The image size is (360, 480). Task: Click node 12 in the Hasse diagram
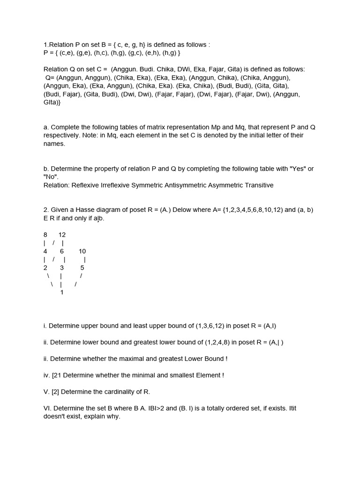pyautogui.click(x=62, y=234)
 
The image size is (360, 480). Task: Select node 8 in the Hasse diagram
pyautogui.click(x=45, y=234)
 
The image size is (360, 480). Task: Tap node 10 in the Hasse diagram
pyautogui.click(x=82, y=251)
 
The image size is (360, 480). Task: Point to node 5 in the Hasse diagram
pyautogui.click(x=82, y=268)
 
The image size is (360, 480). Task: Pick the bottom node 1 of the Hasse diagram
pyautogui.click(x=62, y=292)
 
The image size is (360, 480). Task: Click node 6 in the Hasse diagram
pyautogui.click(x=62, y=251)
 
